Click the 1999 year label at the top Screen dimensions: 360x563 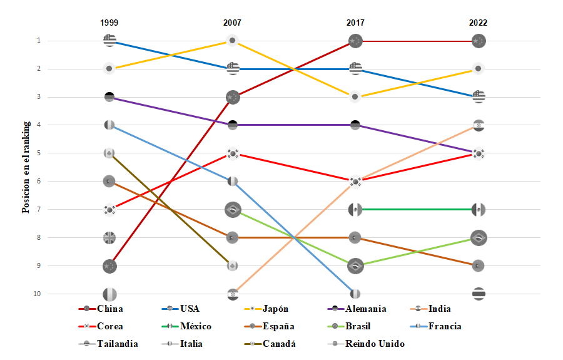click(109, 23)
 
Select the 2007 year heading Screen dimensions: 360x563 click(232, 23)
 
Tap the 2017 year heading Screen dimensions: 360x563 click(355, 23)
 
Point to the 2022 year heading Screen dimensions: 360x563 click(478, 23)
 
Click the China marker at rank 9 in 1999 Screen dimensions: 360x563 click(109, 266)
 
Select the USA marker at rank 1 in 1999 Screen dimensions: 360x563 click(109, 41)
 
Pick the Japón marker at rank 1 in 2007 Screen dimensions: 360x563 click(232, 41)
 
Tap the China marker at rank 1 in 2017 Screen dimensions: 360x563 click(355, 41)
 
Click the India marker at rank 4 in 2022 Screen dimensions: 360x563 click(479, 125)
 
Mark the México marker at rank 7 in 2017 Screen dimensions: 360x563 click(355, 210)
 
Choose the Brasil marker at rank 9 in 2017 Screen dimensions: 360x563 click(355, 266)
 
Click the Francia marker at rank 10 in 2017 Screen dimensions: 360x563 click(355, 294)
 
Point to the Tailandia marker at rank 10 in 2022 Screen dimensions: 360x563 click(479, 294)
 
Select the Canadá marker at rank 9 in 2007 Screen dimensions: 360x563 click(232, 266)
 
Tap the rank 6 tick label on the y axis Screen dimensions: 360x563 click(38, 182)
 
